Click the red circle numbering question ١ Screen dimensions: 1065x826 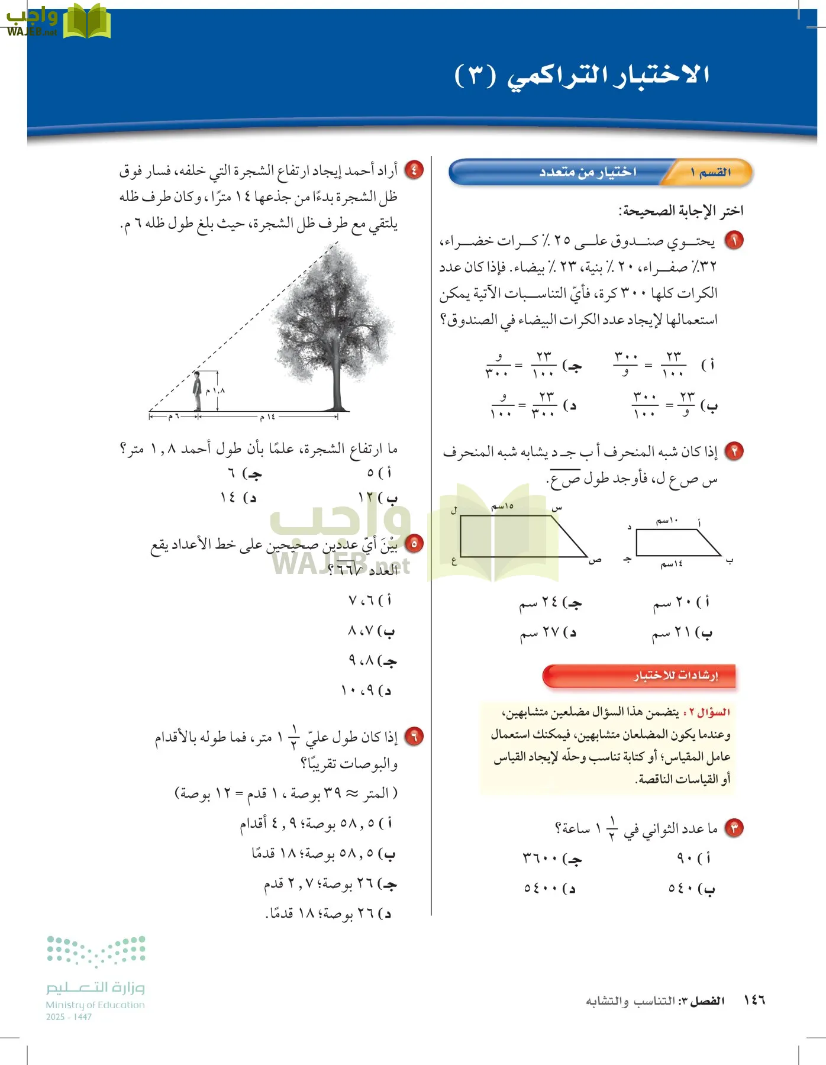(734, 241)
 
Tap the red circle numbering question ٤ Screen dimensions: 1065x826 (414, 170)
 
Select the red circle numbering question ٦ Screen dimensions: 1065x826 (414, 737)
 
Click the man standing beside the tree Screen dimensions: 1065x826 (197, 392)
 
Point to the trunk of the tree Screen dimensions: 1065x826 (337, 379)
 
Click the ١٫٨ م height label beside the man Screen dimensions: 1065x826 (215, 391)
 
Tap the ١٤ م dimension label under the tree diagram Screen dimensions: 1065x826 (267, 417)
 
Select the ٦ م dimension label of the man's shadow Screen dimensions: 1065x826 (173, 417)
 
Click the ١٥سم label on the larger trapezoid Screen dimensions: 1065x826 (502, 506)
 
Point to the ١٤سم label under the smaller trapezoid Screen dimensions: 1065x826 (672, 564)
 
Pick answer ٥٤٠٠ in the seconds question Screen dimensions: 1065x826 (549, 888)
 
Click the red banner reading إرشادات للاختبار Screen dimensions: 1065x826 (640, 676)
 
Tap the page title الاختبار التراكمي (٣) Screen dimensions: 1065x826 (582, 75)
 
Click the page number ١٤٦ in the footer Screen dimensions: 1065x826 (754, 1000)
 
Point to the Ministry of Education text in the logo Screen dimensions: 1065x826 (95, 1005)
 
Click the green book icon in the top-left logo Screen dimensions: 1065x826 (86, 22)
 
